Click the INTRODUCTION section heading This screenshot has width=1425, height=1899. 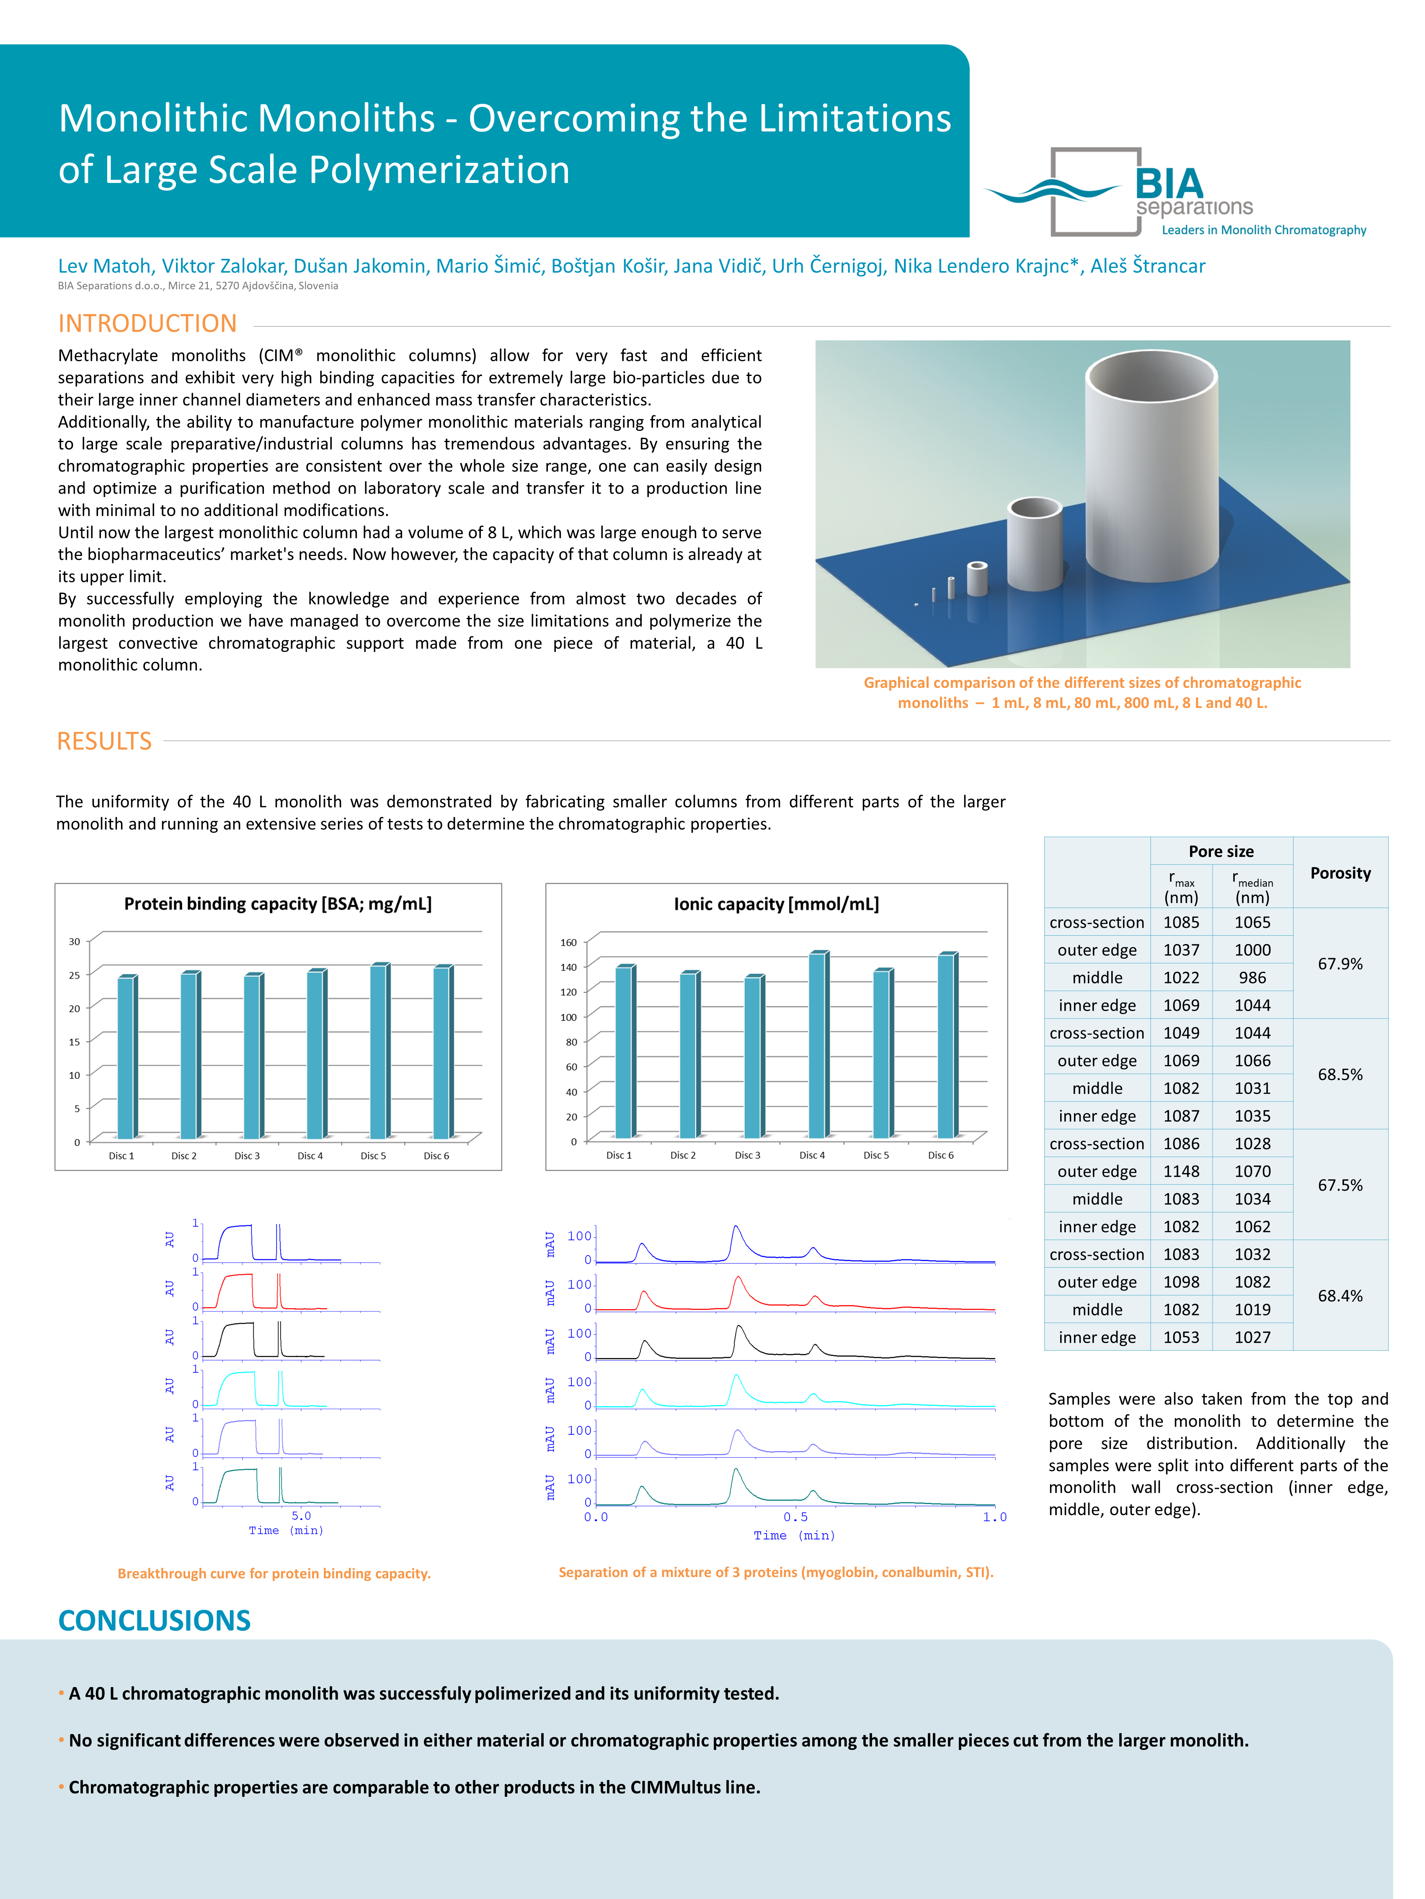coord(147,324)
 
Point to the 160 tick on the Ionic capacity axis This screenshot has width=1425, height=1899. coord(569,943)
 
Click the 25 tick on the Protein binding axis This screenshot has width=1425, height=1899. coord(75,975)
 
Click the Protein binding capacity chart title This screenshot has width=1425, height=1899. coord(277,904)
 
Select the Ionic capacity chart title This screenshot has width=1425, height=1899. coord(776,904)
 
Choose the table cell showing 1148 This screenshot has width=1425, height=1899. coord(1181,1171)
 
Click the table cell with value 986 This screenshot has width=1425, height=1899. coord(1252,978)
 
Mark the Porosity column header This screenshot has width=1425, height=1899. coord(1340,873)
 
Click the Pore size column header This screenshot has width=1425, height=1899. coord(1221,852)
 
